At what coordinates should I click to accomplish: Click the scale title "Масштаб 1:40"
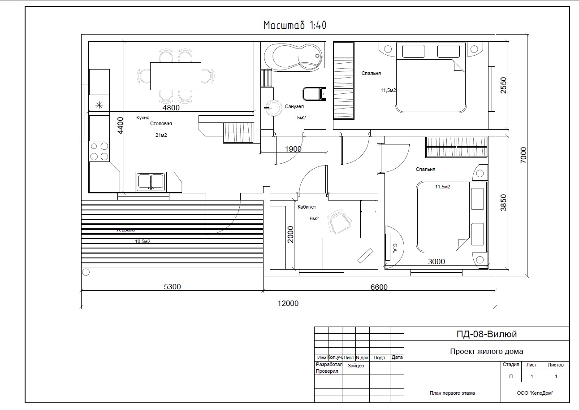(x=295, y=26)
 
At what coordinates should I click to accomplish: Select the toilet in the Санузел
(x=314, y=94)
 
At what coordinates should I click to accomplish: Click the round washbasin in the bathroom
(x=273, y=108)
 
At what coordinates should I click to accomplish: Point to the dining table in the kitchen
(x=176, y=76)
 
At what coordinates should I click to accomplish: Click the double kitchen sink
(x=151, y=182)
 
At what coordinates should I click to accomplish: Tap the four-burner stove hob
(x=99, y=151)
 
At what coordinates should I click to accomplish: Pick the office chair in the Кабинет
(x=339, y=222)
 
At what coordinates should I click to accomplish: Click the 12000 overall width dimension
(x=288, y=303)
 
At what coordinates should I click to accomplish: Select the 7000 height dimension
(x=523, y=155)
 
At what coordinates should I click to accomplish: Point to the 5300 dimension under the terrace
(x=173, y=287)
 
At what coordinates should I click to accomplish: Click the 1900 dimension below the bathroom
(x=293, y=149)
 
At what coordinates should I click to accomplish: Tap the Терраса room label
(x=125, y=230)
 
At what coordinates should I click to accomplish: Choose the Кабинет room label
(x=307, y=207)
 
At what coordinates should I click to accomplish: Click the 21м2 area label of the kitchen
(x=161, y=135)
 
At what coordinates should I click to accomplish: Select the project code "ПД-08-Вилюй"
(x=487, y=334)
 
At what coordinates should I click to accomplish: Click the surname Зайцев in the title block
(x=356, y=366)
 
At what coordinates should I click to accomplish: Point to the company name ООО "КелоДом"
(x=535, y=393)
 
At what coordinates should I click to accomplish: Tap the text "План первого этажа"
(x=452, y=393)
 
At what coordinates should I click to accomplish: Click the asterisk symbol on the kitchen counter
(x=99, y=105)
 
